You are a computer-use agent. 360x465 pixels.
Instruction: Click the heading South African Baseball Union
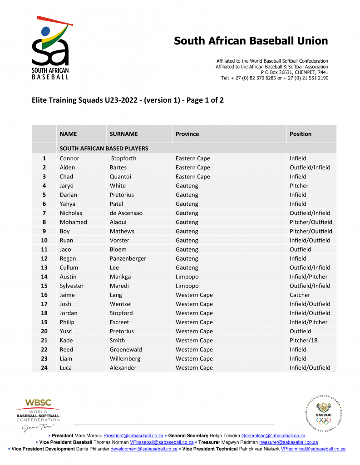click(251, 41)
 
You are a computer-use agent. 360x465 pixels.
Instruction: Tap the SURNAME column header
click(123, 134)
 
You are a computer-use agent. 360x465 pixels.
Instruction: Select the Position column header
click(301, 134)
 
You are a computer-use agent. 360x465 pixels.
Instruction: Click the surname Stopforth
click(123, 158)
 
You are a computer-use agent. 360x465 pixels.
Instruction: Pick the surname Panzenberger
click(128, 258)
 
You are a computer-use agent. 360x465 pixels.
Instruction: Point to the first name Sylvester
click(72, 286)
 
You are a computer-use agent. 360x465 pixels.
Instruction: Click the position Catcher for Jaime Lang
click(300, 295)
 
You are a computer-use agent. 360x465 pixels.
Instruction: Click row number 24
click(44, 368)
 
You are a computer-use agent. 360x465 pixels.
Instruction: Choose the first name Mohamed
click(73, 222)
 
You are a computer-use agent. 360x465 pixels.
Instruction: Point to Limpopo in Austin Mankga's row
click(187, 277)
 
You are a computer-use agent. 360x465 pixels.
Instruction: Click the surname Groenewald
click(126, 350)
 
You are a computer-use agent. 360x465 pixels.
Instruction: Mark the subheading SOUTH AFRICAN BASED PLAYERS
click(104, 148)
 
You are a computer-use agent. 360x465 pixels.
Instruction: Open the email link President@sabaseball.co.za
click(133, 435)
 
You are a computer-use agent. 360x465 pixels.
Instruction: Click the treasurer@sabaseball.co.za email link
click(288, 442)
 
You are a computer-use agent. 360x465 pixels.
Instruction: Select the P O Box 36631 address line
click(294, 72)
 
